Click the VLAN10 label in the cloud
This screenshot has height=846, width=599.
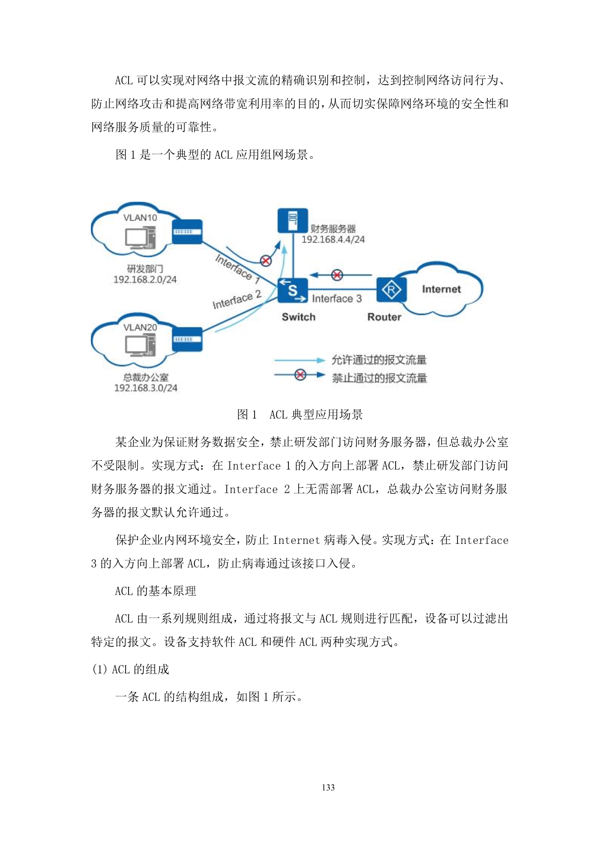coord(140,218)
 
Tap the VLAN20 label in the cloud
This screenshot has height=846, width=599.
coord(140,327)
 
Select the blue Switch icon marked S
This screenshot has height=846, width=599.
coord(293,291)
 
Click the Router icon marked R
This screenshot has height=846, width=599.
coord(391,290)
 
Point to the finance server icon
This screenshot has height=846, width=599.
coord(293,221)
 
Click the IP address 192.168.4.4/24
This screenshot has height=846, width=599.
coord(333,239)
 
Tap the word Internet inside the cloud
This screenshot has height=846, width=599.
coord(441,289)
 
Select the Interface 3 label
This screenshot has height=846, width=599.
coord(337,299)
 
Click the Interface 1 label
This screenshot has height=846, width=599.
coord(238,268)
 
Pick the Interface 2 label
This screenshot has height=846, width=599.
coord(237,300)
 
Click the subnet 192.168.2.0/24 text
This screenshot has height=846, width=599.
coord(145,279)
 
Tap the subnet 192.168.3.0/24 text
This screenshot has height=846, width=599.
coord(145,388)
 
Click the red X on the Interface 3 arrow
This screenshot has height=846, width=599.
coord(337,275)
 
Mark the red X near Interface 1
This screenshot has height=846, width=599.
coord(266,261)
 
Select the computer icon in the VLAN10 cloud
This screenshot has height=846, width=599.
coord(141,237)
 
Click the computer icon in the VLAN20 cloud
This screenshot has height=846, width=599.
coord(141,346)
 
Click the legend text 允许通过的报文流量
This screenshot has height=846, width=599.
coord(379,360)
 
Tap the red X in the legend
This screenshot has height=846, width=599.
coord(300,375)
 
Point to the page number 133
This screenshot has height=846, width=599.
coord(328,788)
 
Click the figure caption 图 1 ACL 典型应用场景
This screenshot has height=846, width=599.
coord(299,415)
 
